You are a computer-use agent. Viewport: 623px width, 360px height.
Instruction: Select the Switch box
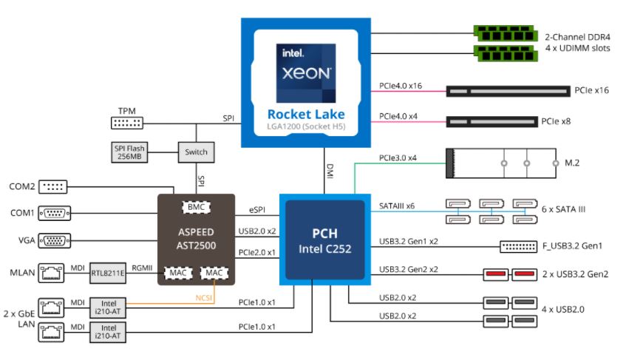tap(196, 152)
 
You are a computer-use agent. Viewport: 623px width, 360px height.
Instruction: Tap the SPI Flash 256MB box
tap(131, 152)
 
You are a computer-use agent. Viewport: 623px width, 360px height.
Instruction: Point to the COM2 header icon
tap(53, 186)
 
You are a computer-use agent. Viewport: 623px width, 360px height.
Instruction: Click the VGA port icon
tap(54, 240)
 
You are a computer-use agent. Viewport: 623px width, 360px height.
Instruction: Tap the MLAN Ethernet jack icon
tap(50, 272)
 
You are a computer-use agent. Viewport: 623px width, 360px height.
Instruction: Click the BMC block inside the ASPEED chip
tap(196, 208)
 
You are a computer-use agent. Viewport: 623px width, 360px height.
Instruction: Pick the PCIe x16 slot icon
tap(508, 92)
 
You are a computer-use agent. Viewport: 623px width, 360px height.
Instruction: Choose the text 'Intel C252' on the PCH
tap(324, 248)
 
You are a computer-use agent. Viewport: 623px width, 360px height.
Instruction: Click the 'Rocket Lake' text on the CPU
tap(306, 114)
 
